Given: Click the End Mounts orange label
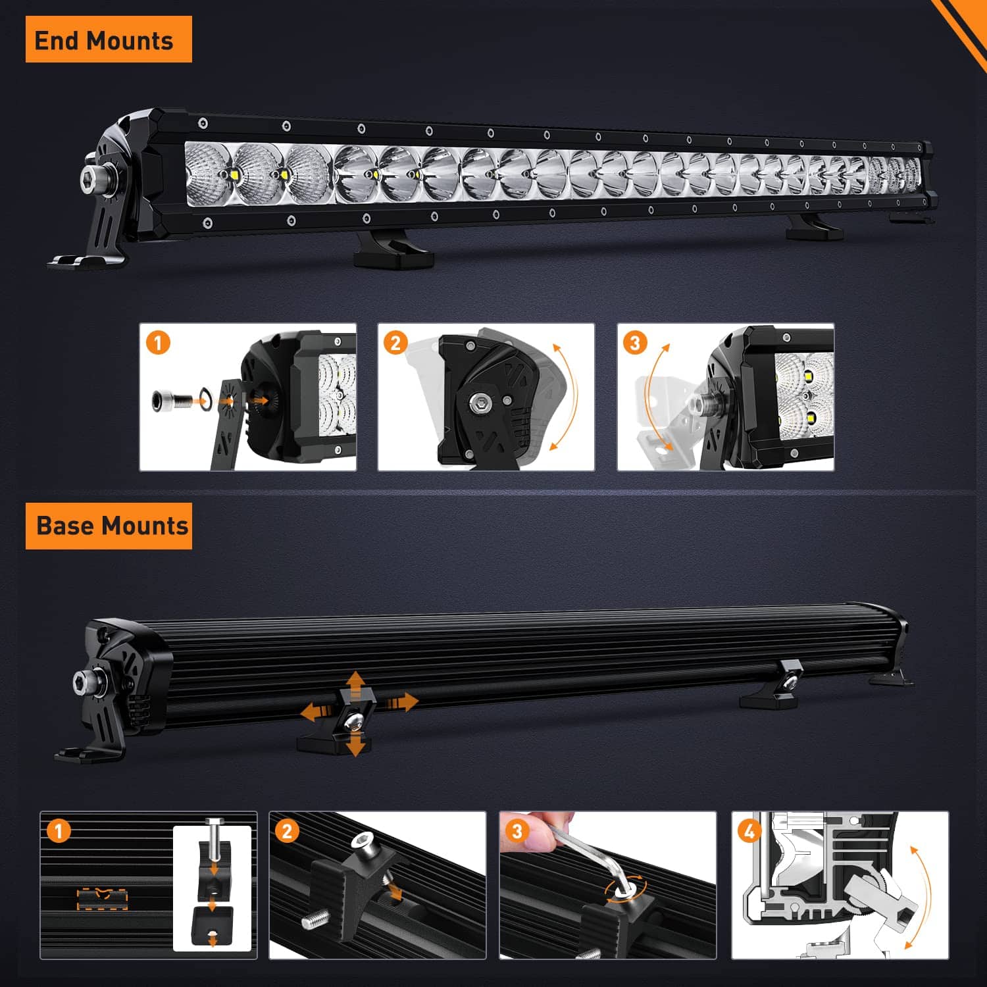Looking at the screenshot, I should tap(109, 39).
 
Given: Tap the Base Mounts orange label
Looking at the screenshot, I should tap(109, 526).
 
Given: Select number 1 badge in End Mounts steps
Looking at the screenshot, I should tap(158, 343).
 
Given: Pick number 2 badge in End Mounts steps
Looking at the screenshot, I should tap(395, 343).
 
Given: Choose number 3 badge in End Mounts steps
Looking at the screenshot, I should tap(635, 343).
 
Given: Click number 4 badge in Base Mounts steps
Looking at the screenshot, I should tap(749, 831).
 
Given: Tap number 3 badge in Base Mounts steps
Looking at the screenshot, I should tap(517, 831).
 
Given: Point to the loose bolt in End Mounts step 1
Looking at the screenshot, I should tap(170, 400).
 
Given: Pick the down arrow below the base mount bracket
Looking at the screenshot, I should tap(356, 745).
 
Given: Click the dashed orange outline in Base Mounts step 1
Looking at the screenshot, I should tap(101, 899).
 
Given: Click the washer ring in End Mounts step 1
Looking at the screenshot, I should tap(205, 398).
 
